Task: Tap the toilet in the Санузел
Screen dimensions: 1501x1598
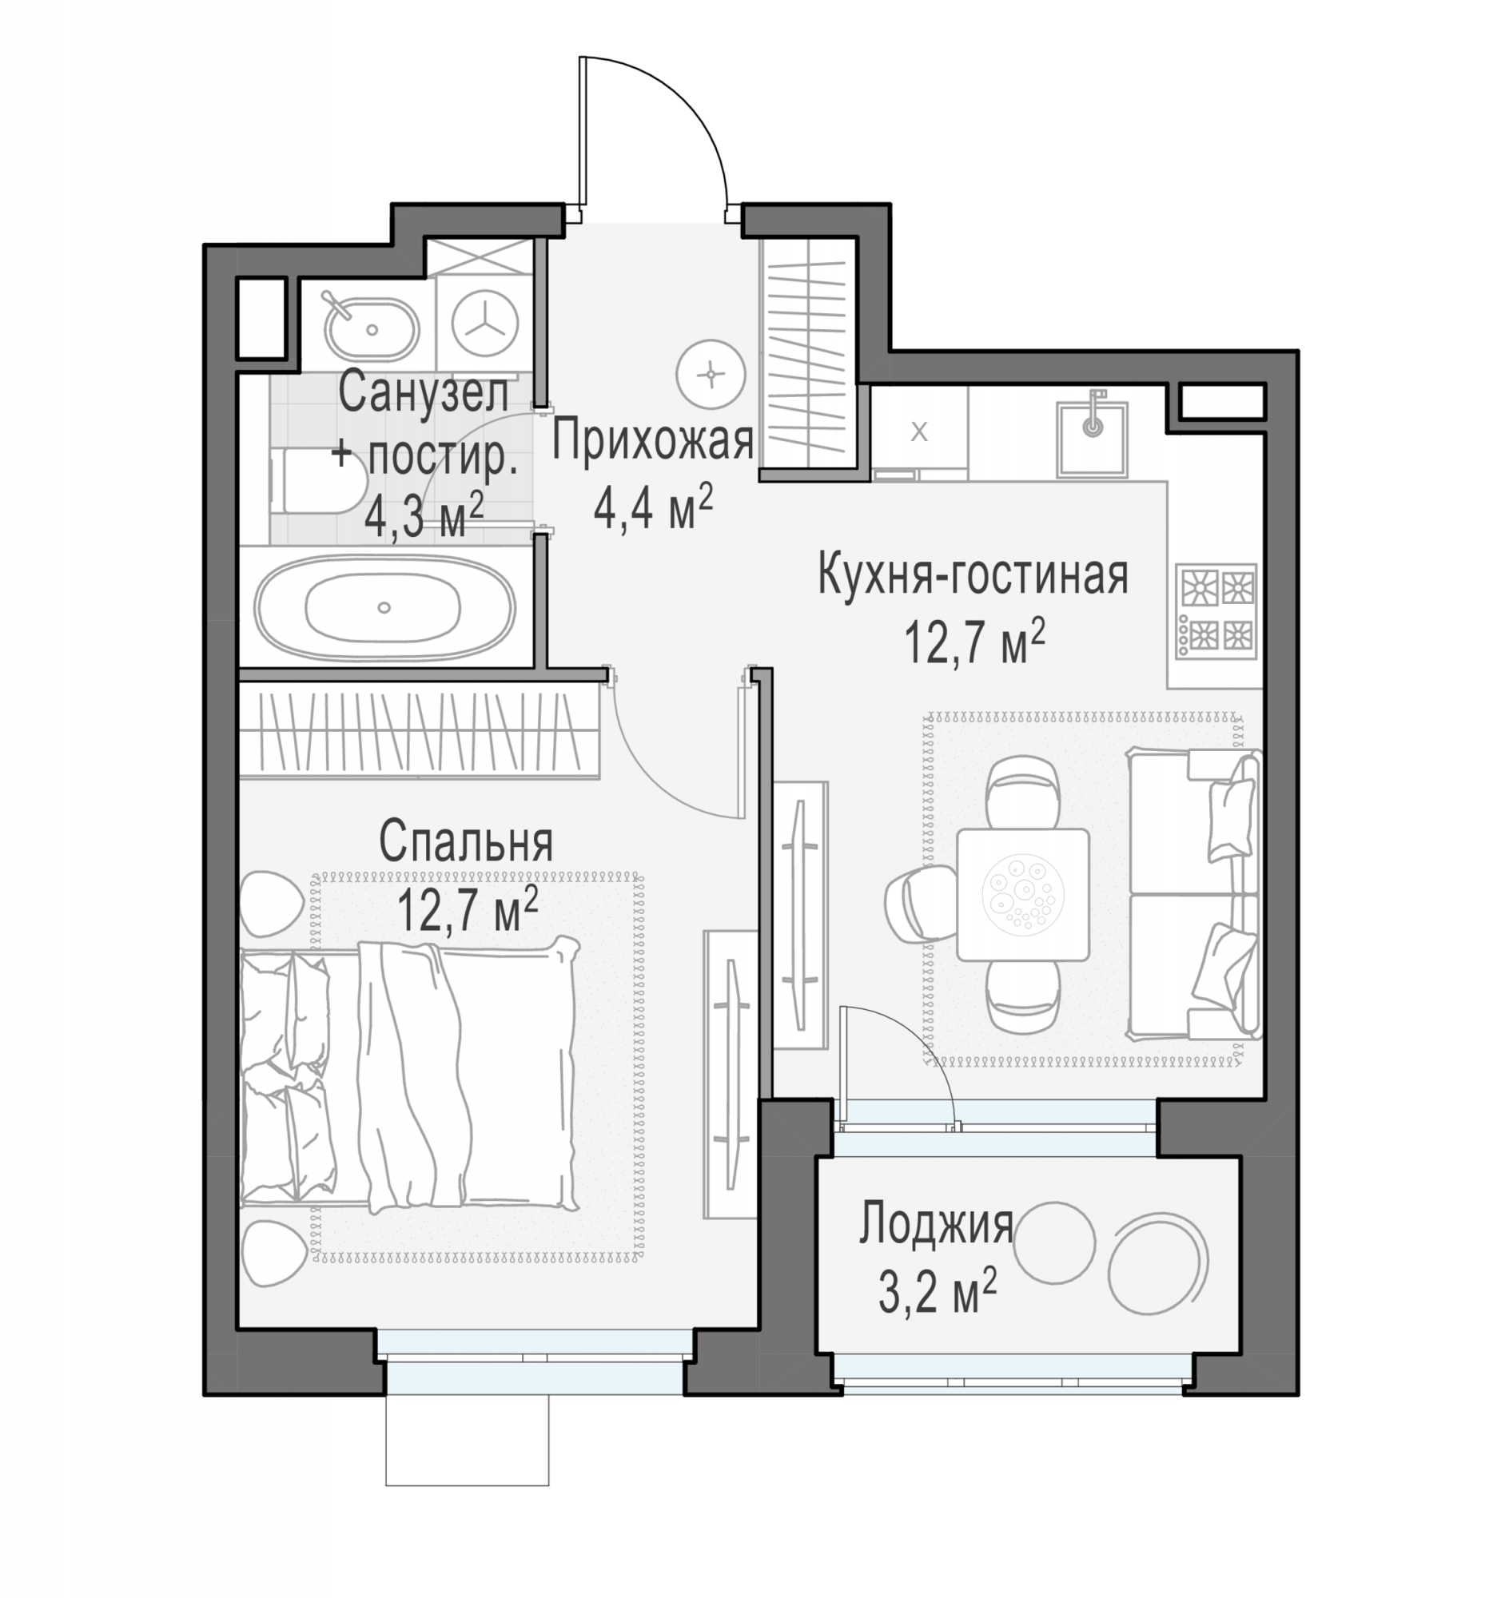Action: pos(318,480)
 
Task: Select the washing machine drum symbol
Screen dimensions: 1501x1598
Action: pos(485,323)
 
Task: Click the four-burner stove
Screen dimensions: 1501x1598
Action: pos(1216,612)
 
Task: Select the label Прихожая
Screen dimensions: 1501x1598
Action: pos(652,441)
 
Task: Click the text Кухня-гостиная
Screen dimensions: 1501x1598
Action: pos(973,575)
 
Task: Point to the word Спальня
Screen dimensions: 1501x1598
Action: pos(466,841)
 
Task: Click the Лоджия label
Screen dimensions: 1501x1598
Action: pos(936,1224)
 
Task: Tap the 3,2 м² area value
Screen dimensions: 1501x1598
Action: pos(938,1292)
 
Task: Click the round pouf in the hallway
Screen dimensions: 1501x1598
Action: pos(711,374)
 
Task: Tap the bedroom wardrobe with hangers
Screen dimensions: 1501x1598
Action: pos(418,731)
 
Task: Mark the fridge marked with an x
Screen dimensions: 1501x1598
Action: pos(920,432)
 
